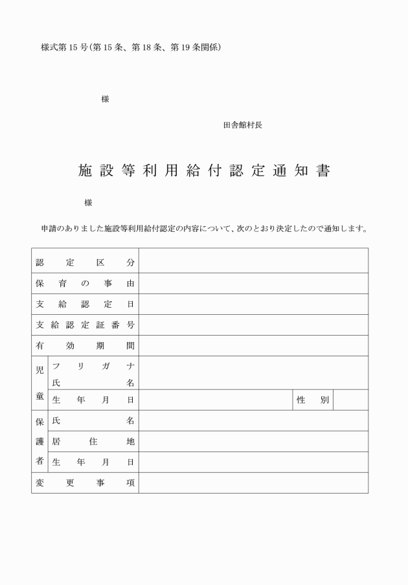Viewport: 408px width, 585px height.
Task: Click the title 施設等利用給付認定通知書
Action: (204, 171)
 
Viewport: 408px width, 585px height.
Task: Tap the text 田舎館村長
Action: (242, 126)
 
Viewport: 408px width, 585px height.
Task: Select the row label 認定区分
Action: (85, 262)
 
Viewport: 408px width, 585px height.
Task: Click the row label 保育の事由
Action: (85, 283)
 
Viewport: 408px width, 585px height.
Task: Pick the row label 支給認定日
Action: (85, 304)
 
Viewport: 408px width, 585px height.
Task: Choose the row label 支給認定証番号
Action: (85, 325)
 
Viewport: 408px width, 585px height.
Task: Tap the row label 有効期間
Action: (85, 346)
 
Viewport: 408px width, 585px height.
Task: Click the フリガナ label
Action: (93, 366)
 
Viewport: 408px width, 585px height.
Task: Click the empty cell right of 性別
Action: (350, 400)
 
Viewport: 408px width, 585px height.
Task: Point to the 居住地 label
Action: (93, 442)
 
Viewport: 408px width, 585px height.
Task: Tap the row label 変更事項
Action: (85, 483)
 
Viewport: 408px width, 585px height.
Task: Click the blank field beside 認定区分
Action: (253, 262)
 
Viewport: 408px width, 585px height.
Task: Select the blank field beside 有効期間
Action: (253, 346)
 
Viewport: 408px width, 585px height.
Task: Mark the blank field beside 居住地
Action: (253, 442)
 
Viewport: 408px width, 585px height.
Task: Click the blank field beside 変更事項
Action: (253, 483)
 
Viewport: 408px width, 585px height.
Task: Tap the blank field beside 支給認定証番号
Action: (253, 325)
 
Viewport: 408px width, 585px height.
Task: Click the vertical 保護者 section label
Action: (40, 442)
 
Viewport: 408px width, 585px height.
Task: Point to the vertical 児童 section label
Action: (40, 384)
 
